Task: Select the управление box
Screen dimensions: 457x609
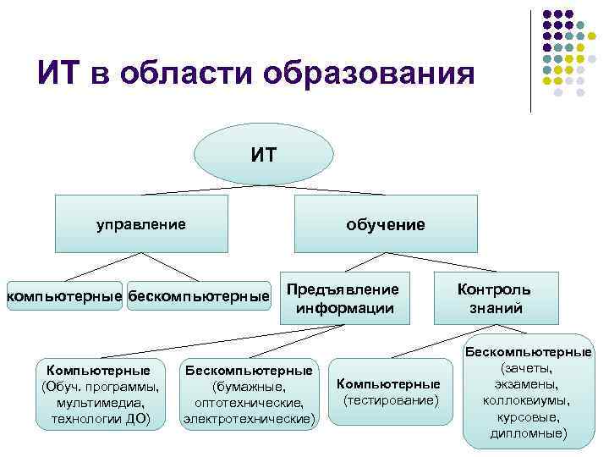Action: (140, 224)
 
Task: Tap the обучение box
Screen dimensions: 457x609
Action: (385, 224)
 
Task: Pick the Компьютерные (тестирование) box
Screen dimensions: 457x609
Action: (388, 391)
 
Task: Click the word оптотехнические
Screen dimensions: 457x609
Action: (249, 402)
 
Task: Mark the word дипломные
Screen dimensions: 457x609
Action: (527, 433)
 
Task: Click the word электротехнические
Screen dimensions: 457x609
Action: (249, 418)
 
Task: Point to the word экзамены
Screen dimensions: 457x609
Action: (528, 384)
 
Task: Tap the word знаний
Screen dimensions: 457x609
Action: (496, 308)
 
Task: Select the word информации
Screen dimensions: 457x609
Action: (344, 308)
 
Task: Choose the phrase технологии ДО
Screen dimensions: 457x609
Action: (100, 418)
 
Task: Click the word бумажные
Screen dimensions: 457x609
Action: (248, 387)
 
